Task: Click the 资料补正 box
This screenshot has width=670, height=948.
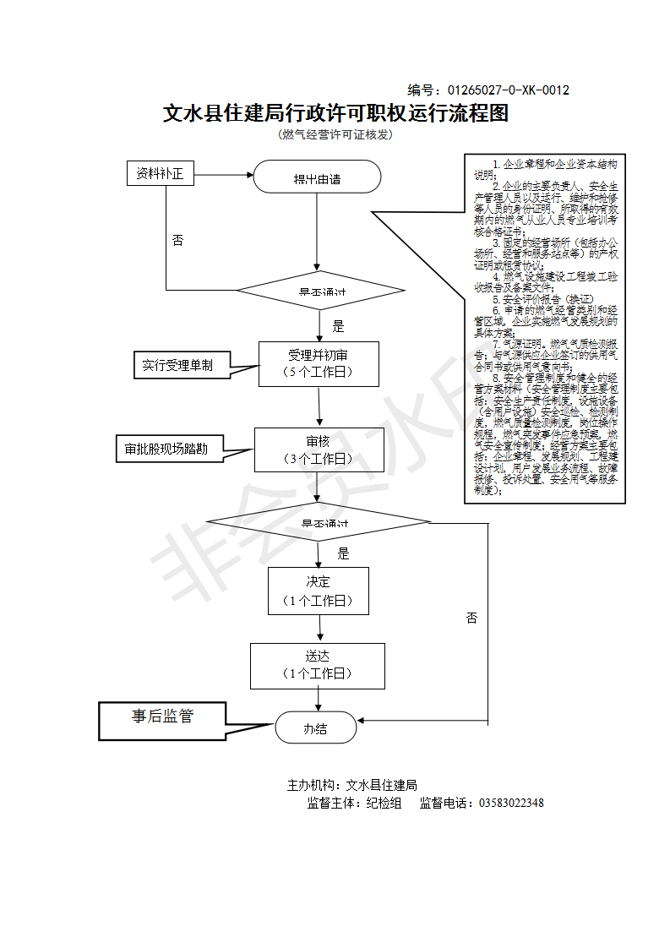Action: [161, 174]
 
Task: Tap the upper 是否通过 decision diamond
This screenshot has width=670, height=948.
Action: [321, 291]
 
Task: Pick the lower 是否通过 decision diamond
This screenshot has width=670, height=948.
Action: [319, 522]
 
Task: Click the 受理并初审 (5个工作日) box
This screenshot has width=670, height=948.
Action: [318, 363]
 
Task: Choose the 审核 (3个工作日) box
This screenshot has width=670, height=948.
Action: [319, 449]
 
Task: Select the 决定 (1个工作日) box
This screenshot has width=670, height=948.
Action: [319, 591]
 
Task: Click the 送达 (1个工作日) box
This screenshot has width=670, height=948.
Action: [318, 665]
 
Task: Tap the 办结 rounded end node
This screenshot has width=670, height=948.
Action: [316, 728]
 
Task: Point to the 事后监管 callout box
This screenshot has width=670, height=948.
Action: [162, 717]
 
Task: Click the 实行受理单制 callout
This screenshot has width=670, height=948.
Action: [177, 365]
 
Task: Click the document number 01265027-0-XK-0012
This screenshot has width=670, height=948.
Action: [508, 90]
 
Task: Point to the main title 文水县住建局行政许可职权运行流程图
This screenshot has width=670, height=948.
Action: [335, 113]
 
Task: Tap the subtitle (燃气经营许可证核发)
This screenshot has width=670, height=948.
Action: [335, 134]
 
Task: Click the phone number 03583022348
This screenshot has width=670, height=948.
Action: [511, 803]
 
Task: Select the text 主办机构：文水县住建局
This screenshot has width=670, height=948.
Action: [352, 785]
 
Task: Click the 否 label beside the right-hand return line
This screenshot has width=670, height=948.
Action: [471, 618]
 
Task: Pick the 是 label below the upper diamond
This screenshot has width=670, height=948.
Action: [339, 325]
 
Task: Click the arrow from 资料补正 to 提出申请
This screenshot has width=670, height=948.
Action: [224, 175]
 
